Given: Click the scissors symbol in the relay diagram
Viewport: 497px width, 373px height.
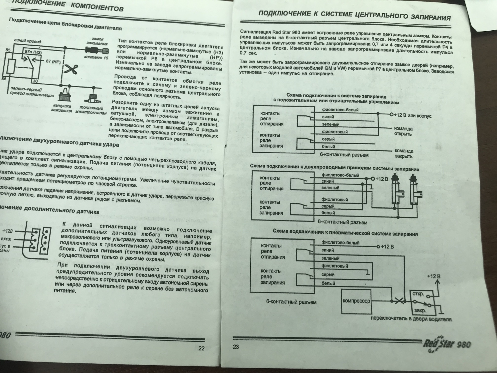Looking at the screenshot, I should pyautogui.click(x=70, y=69).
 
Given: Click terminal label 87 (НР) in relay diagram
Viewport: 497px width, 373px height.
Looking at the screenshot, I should pyautogui.click(x=53, y=61).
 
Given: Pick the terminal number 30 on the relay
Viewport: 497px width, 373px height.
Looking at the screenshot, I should pyautogui.click(x=35, y=81).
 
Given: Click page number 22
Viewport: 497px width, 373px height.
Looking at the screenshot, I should pyautogui.click(x=201, y=348).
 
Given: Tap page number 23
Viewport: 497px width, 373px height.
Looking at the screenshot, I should pyautogui.click(x=236, y=347).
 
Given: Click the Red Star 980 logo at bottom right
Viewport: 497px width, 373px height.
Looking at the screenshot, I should pyautogui.click(x=447, y=344).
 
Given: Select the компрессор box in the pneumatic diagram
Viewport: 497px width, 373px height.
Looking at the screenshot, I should pyautogui.click(x=356, y=301).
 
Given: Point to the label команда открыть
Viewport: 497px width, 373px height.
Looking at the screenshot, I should pyautogui.click(x=403, y=131).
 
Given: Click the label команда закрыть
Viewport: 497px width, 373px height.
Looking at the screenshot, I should pyautogui.click(x=404, y=154).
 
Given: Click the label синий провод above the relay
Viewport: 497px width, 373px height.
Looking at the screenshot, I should pyautogui.click(x=24, y=41).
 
